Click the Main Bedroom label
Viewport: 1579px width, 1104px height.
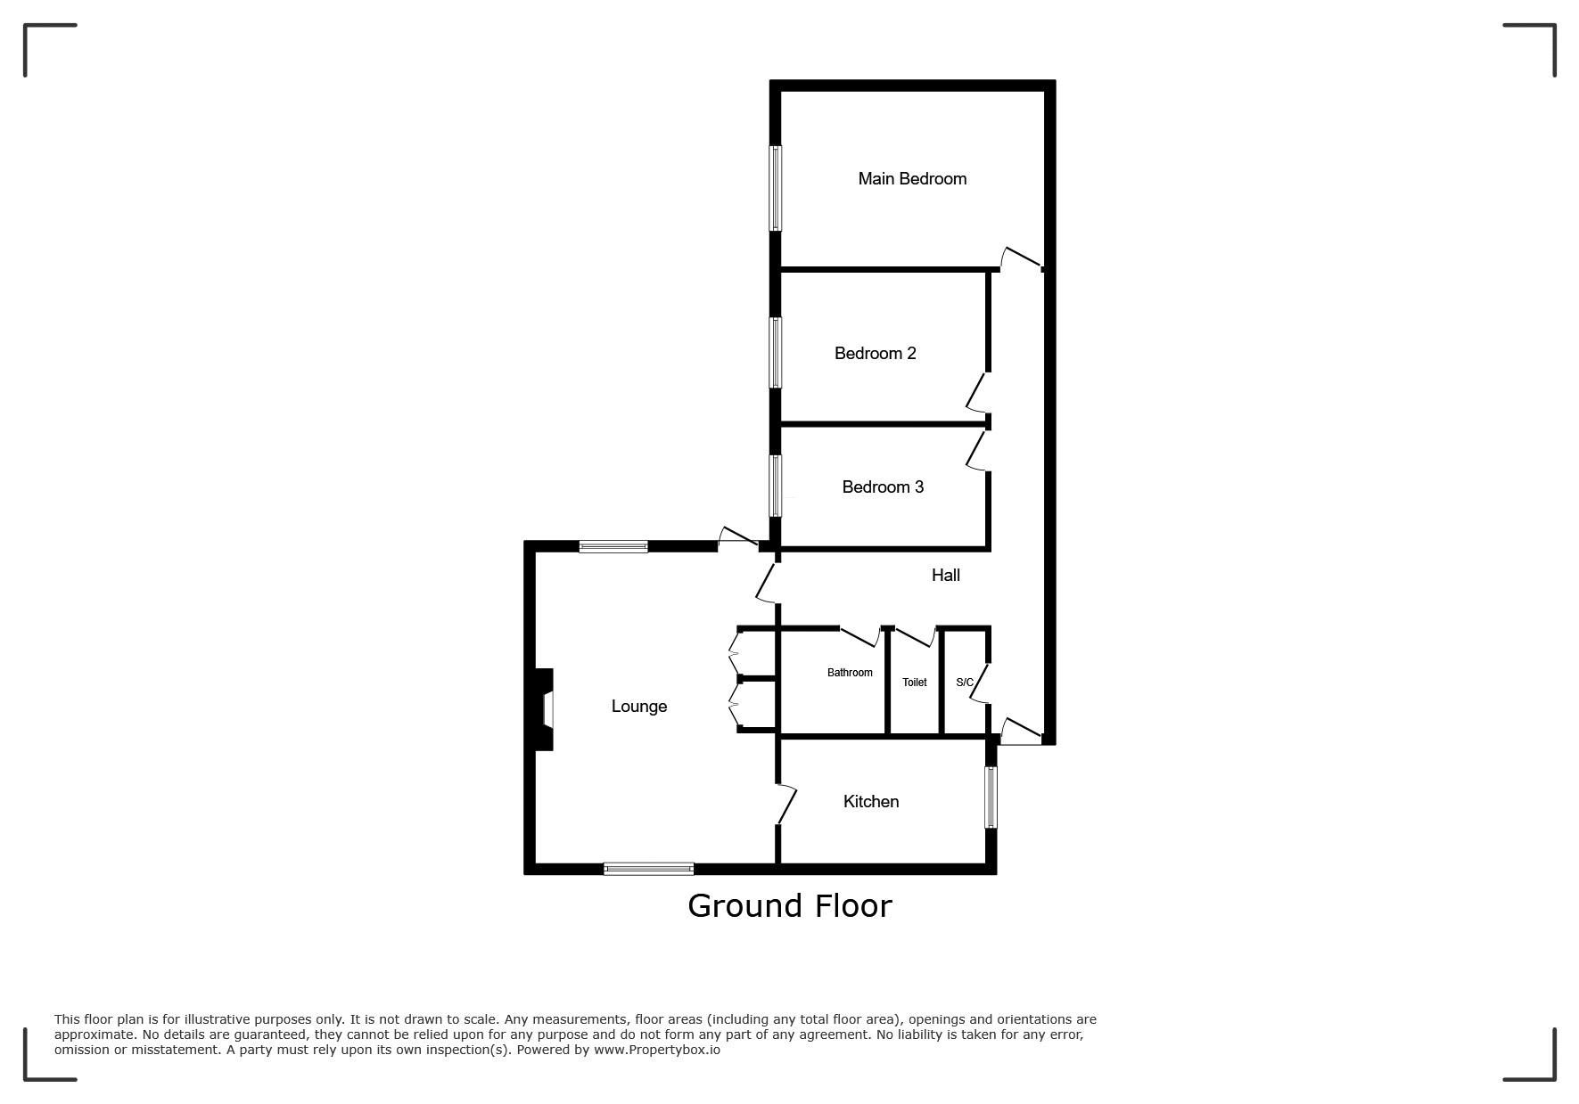click(912, 179)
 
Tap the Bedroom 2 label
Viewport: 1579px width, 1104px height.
click(875, 354)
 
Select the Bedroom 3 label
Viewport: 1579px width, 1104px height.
click(883, 487)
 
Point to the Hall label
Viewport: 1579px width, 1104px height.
click(946, 576)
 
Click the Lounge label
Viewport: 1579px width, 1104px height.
click(639, 707)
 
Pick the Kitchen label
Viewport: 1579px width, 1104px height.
click(871, 802)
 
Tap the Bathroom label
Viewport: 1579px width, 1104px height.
click(850, 673)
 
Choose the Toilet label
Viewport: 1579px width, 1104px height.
click(915, 683)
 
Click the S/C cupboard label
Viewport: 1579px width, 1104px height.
click(965, 683)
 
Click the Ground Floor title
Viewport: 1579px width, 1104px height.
click(790, 906)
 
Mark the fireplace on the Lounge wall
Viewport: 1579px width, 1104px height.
click(544, 709)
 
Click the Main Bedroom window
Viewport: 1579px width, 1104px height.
click(776, 188)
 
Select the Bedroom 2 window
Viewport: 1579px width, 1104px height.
click(776, 353)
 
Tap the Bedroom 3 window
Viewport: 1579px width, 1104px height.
click(776, 486)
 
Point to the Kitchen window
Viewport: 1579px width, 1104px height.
click(991, 797)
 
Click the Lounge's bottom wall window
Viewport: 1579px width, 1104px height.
click(649, 869)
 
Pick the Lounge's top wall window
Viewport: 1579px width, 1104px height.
click(613, 546)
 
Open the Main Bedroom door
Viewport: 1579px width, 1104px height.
click(1022, 258)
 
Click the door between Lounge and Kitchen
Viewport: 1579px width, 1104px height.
click(785, 804)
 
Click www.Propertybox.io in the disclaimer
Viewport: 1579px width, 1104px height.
click(657, 1050)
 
